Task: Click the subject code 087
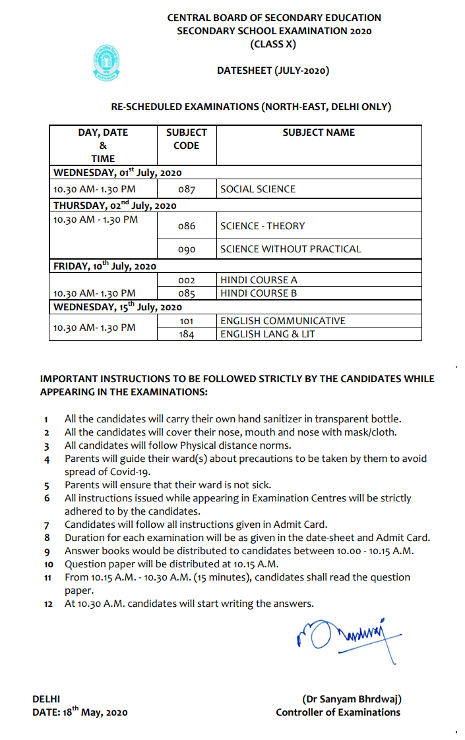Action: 187,189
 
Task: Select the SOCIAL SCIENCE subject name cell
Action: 258,189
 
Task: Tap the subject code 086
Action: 187,226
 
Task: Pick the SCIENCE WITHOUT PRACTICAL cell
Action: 291,249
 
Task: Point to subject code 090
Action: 187,249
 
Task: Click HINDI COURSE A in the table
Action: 259,280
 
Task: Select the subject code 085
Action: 187,293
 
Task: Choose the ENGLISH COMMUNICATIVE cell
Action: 283,321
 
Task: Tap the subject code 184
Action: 187,334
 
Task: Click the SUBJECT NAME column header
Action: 319,132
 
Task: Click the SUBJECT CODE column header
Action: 186,139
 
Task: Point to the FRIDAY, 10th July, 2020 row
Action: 105,266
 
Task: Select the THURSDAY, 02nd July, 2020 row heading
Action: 115,205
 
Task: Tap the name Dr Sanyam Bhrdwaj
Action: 352,699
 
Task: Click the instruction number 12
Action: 48,604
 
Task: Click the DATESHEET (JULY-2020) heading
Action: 273,71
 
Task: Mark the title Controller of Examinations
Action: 338,712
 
